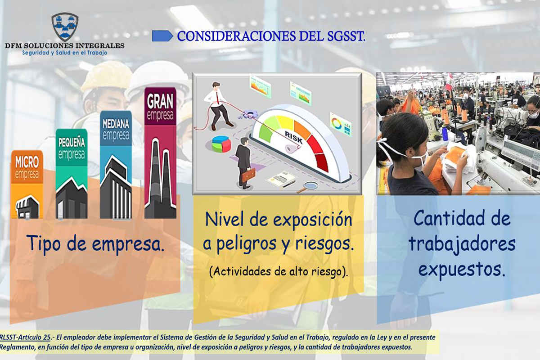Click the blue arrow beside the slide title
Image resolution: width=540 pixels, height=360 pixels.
click(x=162, y=36)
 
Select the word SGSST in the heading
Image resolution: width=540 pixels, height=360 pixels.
click(x=346, y=36)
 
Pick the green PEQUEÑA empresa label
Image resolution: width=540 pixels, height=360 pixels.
click(x=72, y=148)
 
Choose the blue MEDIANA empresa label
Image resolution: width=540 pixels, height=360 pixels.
click(x=116, y=129)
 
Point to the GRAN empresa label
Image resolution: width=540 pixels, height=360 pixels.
click(x=160, y=107)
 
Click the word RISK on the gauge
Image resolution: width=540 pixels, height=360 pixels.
click(x=293, y=137)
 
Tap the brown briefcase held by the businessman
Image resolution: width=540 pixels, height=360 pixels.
click(x=248, y=175)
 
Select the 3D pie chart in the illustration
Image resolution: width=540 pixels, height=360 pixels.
click(x=221, y=144)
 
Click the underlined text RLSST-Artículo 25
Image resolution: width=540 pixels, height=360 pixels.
click(x=25, y=337)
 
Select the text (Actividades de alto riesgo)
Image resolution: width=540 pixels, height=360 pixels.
click(x=279, y=272)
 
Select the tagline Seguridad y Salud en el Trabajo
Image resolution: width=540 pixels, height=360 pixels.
click(x=65, y=53)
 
